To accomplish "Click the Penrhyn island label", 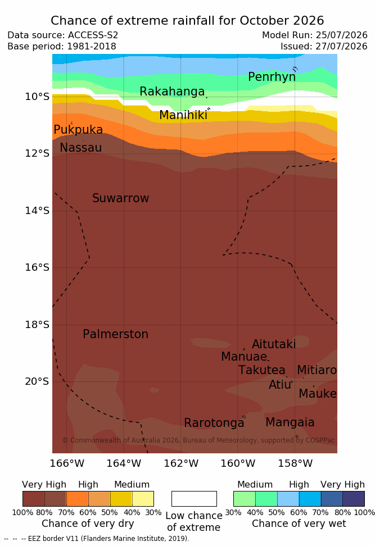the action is [272, 77].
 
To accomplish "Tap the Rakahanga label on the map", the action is [172, 91].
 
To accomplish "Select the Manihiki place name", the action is [183, 115].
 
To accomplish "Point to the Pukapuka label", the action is [78, 130].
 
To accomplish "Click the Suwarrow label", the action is [120, 198].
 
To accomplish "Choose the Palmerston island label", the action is [116, 334].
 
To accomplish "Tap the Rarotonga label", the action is [214, 423].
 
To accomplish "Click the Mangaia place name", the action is [290, 422].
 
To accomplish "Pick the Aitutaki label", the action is [274, 344].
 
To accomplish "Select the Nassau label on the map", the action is [81, 148].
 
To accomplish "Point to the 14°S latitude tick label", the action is [37, 211].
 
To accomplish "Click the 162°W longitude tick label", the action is [181, 463].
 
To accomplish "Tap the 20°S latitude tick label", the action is [37, 381].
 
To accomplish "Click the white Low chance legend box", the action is [194, 499].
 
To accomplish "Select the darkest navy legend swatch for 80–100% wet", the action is [354, 499].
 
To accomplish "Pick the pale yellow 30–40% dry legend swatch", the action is [143, 499].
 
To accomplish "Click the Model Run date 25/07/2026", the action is [341, 35].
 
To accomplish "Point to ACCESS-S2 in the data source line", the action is [93, 35].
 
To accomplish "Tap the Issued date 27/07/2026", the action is [341, 46].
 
